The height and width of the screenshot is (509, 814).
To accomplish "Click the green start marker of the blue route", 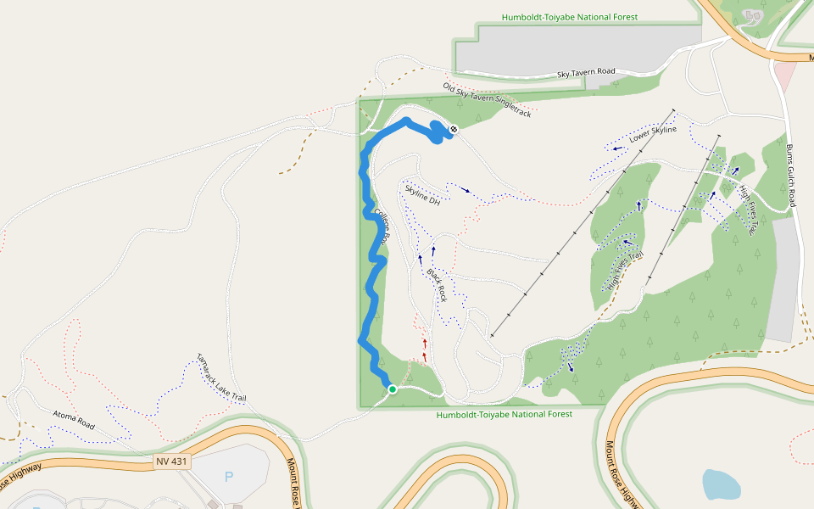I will pyautogui.click(x=393, y=389).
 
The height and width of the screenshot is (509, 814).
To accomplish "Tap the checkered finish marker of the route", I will pyautogui.click(x=454, y=129).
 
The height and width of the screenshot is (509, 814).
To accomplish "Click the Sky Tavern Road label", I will pyautogui.click(x=586, y=72).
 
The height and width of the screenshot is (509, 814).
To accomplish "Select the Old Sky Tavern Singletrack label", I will pyautogui.click(x=487, y=99).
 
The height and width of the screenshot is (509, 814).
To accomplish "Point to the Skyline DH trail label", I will pyautogui.click(x=422, y=195).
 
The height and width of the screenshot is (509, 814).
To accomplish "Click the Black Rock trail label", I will pyautogui.click(x=437, y=286).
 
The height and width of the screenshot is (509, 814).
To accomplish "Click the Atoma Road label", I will pyautogui.click(x=73, y=417).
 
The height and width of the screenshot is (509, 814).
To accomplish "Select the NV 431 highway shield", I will pyautogui.click(x=173, y=461).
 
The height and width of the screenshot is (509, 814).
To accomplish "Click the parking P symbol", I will pyautogui.click(x=229, y=477).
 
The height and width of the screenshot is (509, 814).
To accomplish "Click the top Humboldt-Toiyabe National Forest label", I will pyautogui.click(x=569, y=17).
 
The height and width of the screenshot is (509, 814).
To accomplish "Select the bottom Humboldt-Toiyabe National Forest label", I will pyautogui.click(x=504, y=415).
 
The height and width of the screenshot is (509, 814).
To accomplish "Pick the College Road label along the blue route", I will pyautogui.click(x=380, y=227).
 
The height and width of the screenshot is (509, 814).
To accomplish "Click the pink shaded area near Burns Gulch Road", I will pyautogui.click(x=784, y=77).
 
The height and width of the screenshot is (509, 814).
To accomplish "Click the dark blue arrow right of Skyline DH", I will pyautogui.click(x=466, y=190).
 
